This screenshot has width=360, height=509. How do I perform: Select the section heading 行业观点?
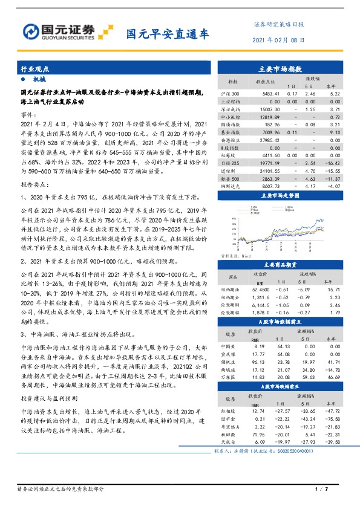tap(33, 70)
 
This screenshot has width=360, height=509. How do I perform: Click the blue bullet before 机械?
tap(23, 80)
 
